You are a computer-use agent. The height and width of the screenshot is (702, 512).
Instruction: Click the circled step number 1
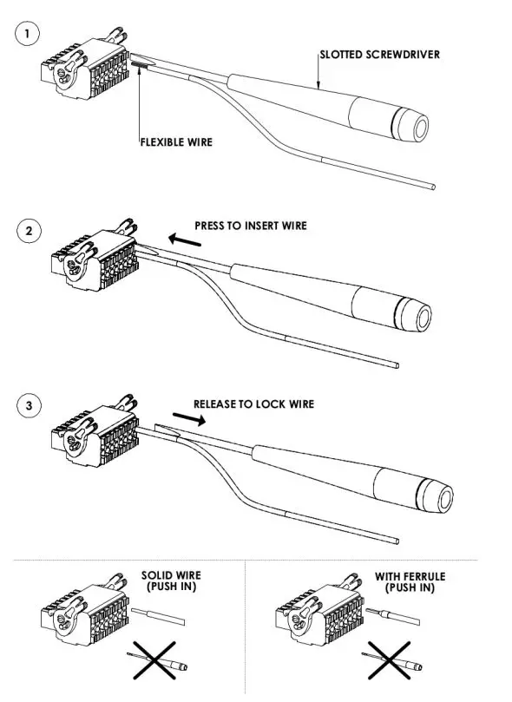pos(29,35)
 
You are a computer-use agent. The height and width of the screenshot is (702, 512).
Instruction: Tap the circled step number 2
pos(29,233)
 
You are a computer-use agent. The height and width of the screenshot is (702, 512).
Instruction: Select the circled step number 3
pos(29,406)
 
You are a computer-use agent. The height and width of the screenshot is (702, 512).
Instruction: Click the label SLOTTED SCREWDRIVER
pos(379,55)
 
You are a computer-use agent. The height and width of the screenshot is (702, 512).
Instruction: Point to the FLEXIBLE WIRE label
pos(176,142)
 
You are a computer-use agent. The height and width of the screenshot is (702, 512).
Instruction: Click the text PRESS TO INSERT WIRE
pos(250,226)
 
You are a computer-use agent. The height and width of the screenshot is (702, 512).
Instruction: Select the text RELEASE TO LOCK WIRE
pos(253,404)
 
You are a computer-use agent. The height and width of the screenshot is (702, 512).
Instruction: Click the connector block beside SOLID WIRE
pos(83,613)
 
